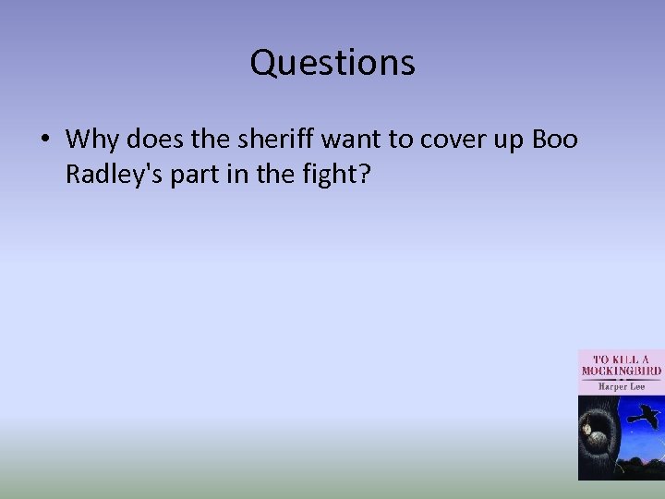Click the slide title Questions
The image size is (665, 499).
[x=332, y=63]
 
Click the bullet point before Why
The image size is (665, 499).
[x=44, y=140]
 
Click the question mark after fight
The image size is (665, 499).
[x=363, y=174]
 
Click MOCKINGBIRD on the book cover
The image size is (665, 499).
[x=621, y=371]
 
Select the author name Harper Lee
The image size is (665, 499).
[x=620, y=386]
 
